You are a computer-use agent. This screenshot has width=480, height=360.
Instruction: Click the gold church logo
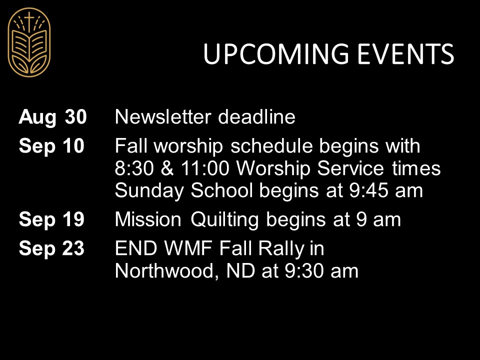[x=29, y=42]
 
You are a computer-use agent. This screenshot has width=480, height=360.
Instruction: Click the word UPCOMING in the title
[x=276, y=54]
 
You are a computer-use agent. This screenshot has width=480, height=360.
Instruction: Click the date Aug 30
[x=52, y=117]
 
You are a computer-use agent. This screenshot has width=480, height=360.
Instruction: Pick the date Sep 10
[x=51, y=146]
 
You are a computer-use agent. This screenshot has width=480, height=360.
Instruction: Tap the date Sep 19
[x=51, y=220]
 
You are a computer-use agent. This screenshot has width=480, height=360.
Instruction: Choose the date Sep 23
[x=51, y=248]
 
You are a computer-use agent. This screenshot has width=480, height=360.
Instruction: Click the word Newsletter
[x=163, y=117]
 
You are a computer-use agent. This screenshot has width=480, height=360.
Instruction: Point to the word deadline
[x=256, y=117]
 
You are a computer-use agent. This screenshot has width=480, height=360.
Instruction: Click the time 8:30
[x=134, y=168]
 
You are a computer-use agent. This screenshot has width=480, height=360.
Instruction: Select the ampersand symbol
[x=167, y=168]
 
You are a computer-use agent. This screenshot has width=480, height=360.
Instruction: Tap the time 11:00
[x=205, y=168]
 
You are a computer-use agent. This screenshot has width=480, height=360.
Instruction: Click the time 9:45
[x=368, y=190]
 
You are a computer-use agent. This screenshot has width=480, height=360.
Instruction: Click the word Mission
[x=148, y=220]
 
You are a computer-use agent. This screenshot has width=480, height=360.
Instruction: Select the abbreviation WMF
[x=188, y=248]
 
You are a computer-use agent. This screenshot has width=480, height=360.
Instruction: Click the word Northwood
[x=167, y=271]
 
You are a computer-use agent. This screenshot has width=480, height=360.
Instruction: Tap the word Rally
[x=281, y=249]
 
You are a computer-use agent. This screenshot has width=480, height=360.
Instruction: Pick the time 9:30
[x=303, y=271]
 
